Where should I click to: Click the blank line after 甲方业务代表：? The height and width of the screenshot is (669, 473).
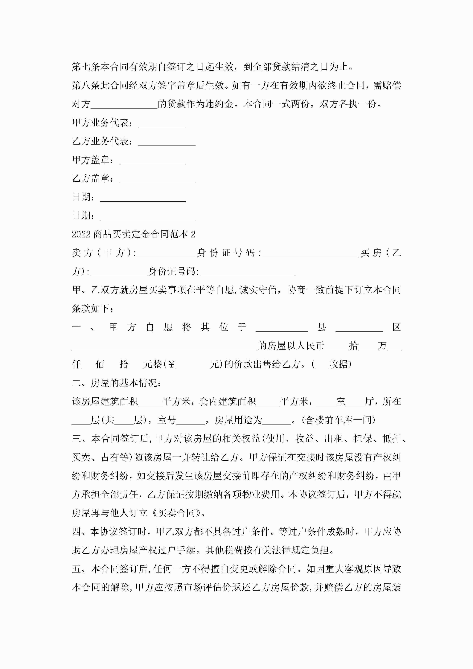coord(162,124)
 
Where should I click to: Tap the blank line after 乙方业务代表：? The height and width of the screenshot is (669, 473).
coord(167,142)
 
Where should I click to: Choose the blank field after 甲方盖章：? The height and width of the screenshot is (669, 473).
coord(152,161)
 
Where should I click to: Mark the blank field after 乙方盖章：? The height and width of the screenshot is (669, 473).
coord(157,179)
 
